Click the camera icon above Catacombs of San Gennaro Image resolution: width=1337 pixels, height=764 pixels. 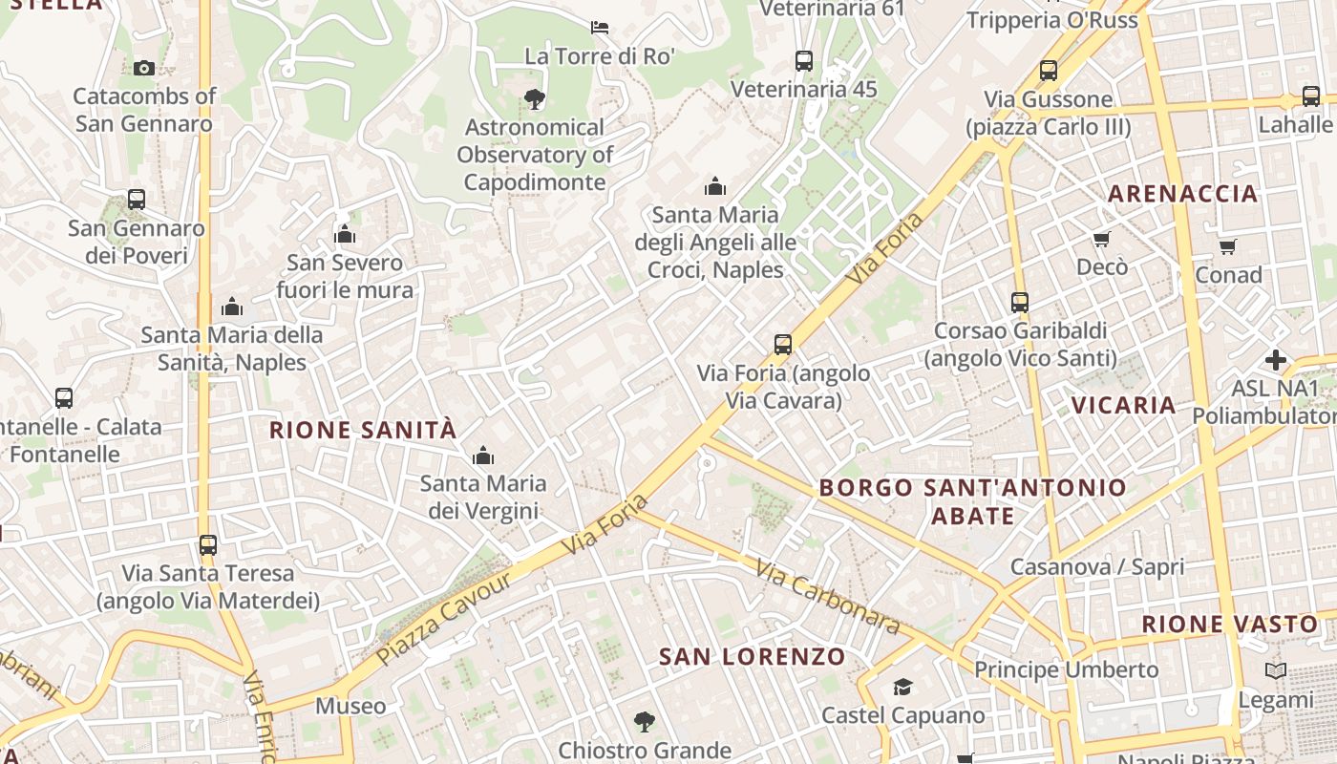144,68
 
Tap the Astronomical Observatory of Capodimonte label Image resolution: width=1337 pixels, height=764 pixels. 535,155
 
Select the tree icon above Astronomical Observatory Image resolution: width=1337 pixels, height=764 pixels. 535,98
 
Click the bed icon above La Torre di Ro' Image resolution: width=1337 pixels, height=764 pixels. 600,27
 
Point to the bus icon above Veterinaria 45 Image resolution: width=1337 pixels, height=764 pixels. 804,61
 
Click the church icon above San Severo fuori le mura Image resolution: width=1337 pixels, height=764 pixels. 345,234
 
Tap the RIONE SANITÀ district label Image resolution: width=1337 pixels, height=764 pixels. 363,430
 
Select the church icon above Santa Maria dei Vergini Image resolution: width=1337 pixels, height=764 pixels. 483,455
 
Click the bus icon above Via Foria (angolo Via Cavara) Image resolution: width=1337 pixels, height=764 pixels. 783,345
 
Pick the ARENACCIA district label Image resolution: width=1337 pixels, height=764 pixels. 1182,194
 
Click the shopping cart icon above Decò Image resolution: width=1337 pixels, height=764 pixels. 1102,239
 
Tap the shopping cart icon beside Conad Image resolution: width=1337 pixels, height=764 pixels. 1228,247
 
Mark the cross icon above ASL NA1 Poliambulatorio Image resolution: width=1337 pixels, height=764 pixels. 1276,360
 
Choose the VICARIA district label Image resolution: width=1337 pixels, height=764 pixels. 1123,405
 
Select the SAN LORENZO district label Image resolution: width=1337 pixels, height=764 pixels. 753,656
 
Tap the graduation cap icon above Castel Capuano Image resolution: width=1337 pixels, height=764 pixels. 902,687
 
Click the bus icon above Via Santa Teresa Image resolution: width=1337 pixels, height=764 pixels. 208,545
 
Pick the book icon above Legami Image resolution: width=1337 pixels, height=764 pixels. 1276,671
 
